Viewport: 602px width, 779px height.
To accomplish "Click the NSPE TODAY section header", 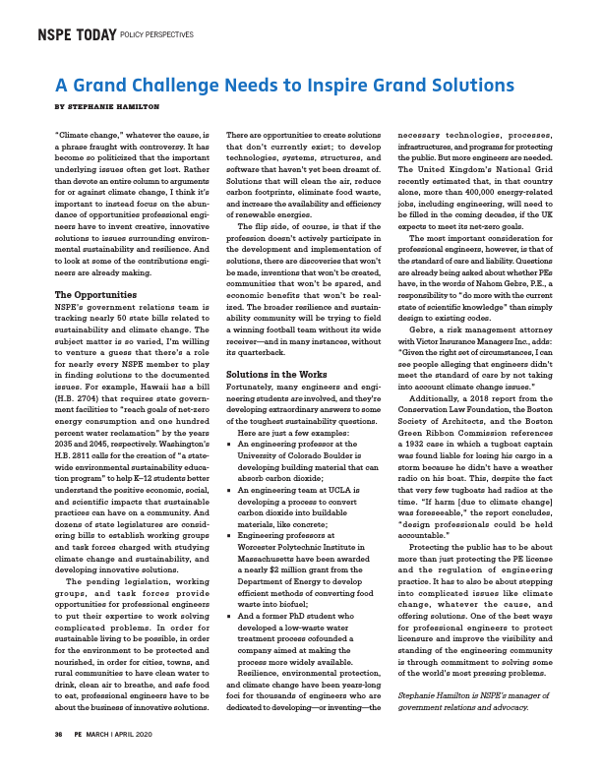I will (76, 35).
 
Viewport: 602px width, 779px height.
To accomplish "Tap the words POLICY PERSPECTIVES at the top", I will (156, 36).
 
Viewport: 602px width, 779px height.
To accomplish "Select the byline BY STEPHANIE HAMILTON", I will (106, 106).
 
